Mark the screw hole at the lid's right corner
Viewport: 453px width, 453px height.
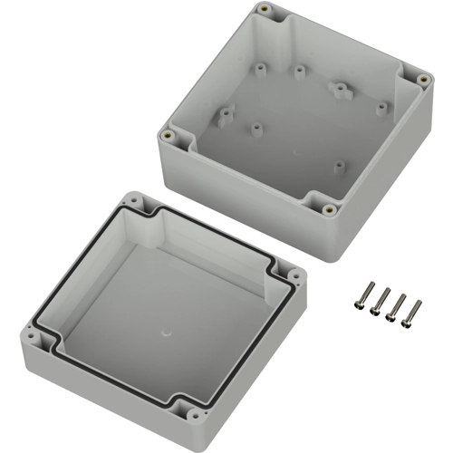click(295, 270)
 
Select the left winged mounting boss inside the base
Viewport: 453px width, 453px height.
click(225, 115)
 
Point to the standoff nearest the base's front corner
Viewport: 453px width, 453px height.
click(339, 166)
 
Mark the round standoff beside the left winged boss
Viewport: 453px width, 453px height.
click(257, 129)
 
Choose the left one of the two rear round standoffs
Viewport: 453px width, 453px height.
click(261, 65)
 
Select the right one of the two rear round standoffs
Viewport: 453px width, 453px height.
click(298, 69)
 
